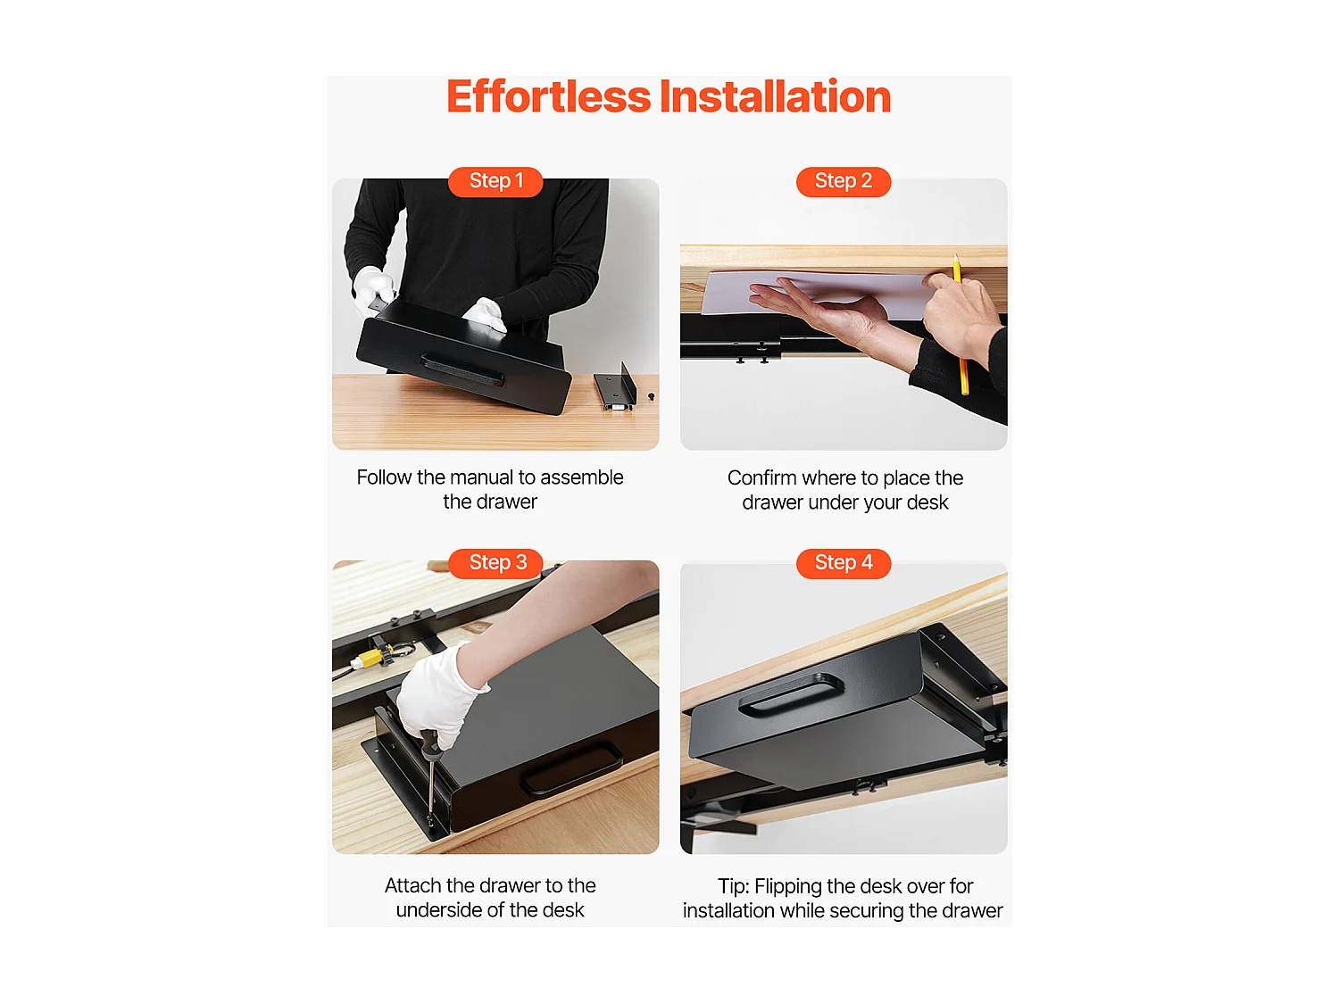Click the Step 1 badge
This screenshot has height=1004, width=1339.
coord(495,181)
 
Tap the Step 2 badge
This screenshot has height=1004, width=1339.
coord(843,181)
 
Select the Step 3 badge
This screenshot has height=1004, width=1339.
coord(495,562)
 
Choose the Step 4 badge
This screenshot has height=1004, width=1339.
coord(843,562)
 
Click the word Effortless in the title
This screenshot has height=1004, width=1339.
coord(548,96)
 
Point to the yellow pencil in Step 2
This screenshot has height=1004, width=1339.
coord(959,324)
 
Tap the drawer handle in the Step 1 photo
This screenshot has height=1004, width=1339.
coord(462,370)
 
